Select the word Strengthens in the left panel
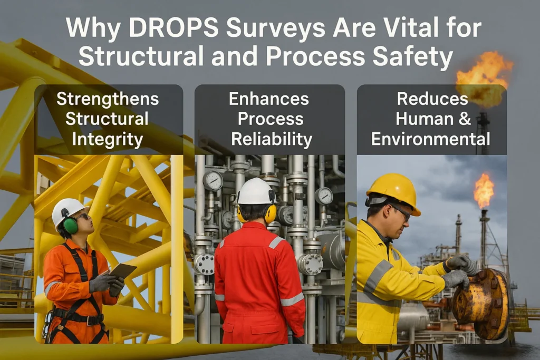[x=109, y=99]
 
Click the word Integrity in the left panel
[x=108, y=139]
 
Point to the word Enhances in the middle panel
[x=269, y=99]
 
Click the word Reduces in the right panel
[x=432, y=99]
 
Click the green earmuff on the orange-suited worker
[x=71, y=226]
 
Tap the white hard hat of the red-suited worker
[x=256, y=191]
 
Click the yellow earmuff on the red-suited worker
[x=270, y=213]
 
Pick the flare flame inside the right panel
[x=483, y=190]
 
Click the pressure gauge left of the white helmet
[x=213, y=181]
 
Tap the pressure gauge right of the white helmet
[x=324, y=196]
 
